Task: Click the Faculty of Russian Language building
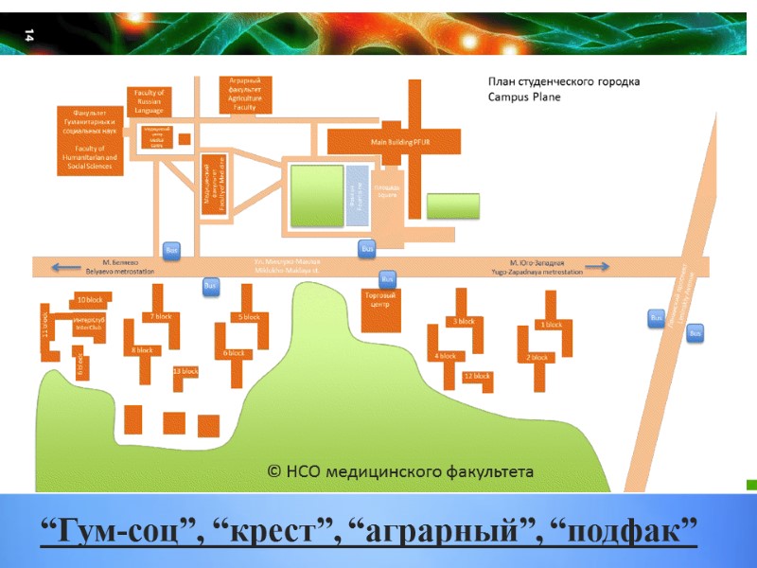tap(149, 101)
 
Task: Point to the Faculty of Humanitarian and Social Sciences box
tap(91, 139)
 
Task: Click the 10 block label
tap(90, 299)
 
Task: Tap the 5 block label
tap(249, 317)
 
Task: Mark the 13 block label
tap(185, 371)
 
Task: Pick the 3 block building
tap(463, 320)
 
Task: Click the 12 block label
tap(477, 376)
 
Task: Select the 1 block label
tap(552, 324)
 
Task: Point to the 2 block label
tap(537, 357)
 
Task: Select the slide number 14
tap(28, 36)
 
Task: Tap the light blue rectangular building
tap(356, 194)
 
